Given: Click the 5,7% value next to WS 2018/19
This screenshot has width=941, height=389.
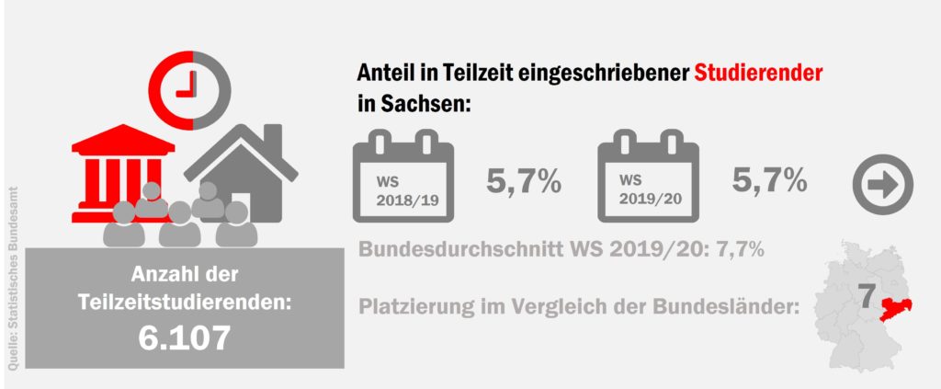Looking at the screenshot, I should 524,181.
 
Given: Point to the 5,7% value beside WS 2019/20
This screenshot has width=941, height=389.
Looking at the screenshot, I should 770,181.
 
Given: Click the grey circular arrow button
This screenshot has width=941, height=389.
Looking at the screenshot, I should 883,184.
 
